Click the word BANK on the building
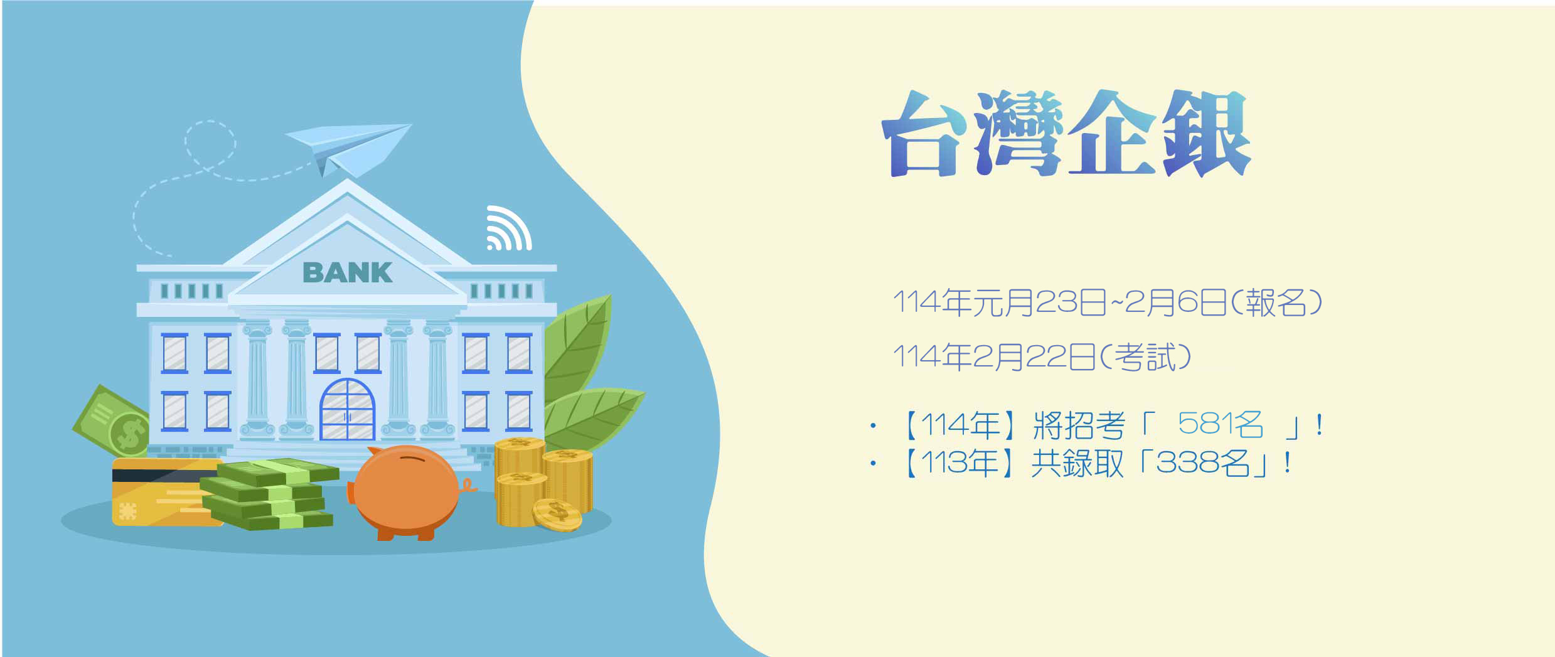tap(348, 273)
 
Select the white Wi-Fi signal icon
tap(508, 228)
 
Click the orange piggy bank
tap(408, 493)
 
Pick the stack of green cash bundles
tap(270, 494)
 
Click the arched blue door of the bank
tap(347, 409)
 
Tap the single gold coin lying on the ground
tap(557, 515)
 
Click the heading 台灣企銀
tap(1066, 134)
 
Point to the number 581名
tap(1220, 425)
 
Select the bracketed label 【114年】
tap(959, 425)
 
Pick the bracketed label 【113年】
tap(958, 464)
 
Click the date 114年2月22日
tap(993, 358)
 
